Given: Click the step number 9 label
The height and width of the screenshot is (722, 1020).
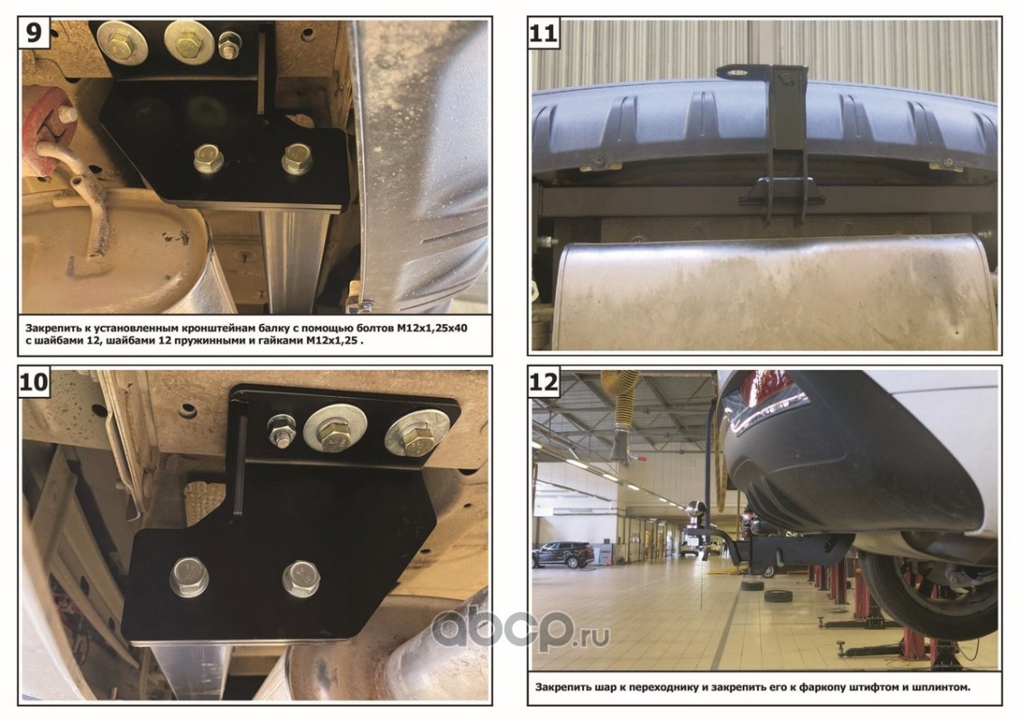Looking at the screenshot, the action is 32,32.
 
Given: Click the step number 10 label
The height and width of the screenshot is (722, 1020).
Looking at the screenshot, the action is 33,381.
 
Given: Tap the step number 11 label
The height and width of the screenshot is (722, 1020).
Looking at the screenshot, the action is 543,32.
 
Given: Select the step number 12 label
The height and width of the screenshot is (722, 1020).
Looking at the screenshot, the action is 543,381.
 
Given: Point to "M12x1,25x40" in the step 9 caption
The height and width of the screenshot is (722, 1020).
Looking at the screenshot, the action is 436,328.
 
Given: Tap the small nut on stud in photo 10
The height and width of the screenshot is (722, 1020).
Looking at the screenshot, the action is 281,430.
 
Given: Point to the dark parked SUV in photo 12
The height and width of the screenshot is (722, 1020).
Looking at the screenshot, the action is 562,555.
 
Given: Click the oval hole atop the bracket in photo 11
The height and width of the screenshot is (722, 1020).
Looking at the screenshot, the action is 737,72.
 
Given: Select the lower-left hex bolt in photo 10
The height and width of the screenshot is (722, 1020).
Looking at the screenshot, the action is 189,577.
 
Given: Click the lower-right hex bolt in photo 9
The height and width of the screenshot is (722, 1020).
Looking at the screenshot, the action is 297,160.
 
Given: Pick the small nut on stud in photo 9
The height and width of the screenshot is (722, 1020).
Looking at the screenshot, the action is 229,44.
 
